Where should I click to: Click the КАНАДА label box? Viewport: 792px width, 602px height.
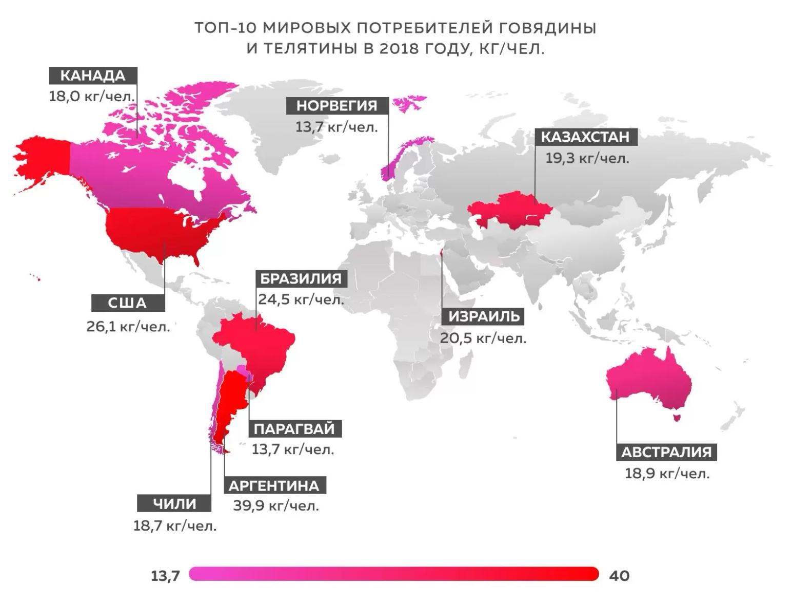[93, 76]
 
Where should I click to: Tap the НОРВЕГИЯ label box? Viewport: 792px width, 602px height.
[336, 106]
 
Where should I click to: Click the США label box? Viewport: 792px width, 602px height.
[128, 303]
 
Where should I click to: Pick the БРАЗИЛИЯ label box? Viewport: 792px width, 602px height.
[301, 279]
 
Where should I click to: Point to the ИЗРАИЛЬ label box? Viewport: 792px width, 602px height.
[484, 316]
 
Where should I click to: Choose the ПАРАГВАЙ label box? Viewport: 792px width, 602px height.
[294, 428]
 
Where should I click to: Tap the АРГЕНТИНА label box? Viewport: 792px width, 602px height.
[274, 485]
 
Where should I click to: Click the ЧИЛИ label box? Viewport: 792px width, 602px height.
[174, 503]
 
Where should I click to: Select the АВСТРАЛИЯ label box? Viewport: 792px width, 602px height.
[666, 452]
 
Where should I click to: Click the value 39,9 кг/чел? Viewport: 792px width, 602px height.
[276, 506]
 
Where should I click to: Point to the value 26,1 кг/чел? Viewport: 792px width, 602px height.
[128, 326]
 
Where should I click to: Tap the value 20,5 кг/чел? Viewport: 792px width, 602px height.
[483, 338]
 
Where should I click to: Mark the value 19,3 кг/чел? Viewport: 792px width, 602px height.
[587, 158]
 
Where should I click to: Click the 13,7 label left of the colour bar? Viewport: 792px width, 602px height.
[166, 576]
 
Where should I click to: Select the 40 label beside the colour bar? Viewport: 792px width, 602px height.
[619, 576]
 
